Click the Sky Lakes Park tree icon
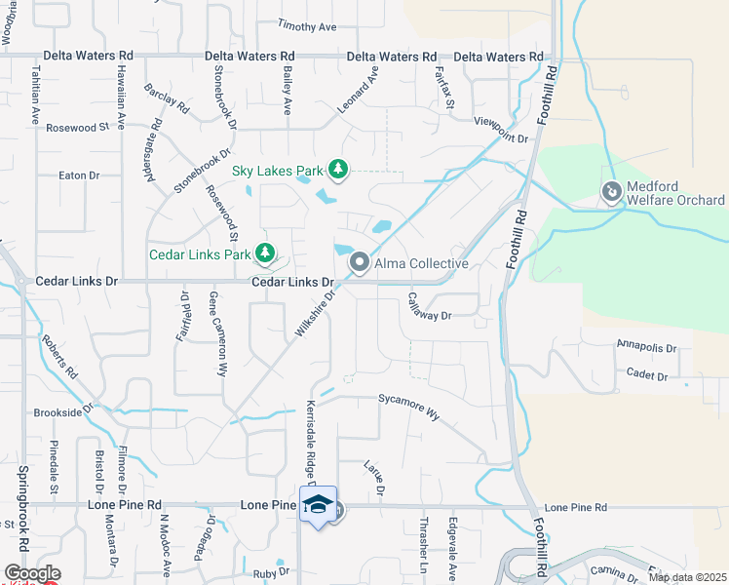coord(337,171)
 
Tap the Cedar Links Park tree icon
coord(264,254)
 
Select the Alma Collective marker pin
coord(360,262)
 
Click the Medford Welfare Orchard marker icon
coord(612,192)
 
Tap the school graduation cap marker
coord(319,505)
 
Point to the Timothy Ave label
coord(306,25)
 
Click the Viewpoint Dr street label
coord(501,137)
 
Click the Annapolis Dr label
coord(646,346)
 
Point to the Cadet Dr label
coord(647,375)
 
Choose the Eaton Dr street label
coord(80,175)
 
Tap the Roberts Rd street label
coord(60,360)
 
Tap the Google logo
coord(31,573)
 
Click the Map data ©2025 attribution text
coord(687,577)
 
